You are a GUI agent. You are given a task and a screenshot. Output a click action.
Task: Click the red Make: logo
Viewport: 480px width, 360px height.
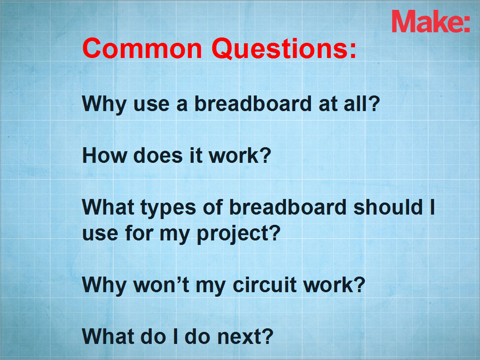[x=431, y=21]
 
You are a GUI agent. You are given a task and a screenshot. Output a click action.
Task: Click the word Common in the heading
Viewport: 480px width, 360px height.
[x=142, y=48]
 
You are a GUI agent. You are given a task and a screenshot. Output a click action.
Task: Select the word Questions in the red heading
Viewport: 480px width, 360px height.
[x=280, y=49]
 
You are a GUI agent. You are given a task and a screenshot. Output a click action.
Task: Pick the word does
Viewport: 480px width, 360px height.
[x=158, y=156]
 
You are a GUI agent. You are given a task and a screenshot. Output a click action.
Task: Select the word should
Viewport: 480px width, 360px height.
[x=388, y=207]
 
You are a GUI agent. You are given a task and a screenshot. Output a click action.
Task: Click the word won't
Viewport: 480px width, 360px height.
[x=161, y=285]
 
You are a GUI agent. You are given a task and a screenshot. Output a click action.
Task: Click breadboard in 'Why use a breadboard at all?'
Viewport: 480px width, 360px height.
[x=253, y=103]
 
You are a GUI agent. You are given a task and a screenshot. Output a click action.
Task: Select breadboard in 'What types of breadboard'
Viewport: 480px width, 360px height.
[x=288, y=207]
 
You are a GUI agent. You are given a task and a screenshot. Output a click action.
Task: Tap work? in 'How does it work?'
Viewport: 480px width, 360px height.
[x=240, y=156]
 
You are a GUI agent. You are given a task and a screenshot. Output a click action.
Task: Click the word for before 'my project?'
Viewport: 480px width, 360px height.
[x=139, y=233]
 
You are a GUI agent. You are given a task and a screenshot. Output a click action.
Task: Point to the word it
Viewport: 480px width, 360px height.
[x=196, y=156]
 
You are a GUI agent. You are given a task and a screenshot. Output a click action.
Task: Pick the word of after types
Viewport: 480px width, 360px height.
[x=213, y=207]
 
